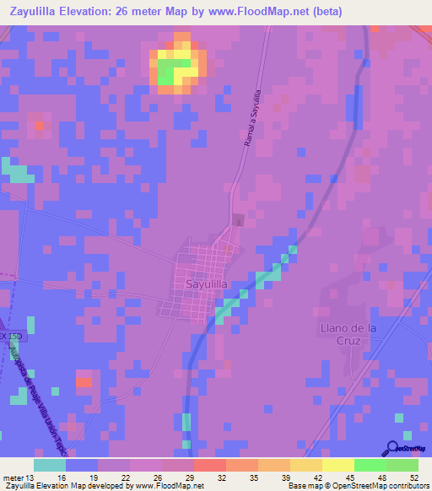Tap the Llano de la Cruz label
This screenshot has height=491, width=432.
[x=342, y=334]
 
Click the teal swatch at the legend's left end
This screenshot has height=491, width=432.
[x=50, y=465]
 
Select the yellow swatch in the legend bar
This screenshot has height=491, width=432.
[x=337, y=465]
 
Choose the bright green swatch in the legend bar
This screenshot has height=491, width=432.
[x=370, y=465]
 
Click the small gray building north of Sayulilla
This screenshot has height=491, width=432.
[x=238, y=220]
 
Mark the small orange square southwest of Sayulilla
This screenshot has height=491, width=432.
[x=84, y=382]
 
